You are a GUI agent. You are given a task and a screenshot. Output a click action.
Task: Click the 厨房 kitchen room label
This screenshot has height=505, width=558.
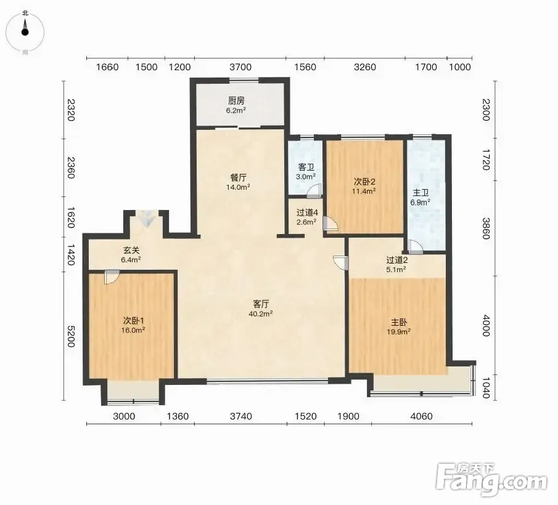236,100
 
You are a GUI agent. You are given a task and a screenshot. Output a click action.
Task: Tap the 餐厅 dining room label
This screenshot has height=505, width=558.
238,177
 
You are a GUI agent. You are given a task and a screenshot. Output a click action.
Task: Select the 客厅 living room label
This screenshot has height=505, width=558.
261,304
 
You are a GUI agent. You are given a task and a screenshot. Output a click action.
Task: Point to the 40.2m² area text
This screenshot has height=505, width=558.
261,314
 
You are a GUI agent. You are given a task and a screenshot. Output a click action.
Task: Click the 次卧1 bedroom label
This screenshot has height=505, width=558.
133,320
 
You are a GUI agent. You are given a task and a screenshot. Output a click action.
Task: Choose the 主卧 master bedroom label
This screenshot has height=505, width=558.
399,322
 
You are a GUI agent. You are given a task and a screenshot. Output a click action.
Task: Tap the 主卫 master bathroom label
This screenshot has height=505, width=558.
421,193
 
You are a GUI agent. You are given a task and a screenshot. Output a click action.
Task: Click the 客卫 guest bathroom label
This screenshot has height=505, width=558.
306,167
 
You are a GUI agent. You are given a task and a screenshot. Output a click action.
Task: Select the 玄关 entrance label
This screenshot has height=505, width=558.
131,250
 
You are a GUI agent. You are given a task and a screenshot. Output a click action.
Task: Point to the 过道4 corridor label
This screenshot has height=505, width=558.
307,212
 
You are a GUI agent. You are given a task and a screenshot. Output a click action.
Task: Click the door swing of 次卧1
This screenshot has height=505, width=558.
112,277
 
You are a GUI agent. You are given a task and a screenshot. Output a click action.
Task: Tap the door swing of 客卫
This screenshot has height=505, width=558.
314,191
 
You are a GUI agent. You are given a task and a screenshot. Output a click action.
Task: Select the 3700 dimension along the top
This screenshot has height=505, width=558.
240,67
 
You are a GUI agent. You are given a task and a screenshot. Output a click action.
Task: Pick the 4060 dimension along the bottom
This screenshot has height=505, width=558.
421,416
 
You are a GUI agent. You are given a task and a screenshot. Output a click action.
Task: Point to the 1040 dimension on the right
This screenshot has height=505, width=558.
486,388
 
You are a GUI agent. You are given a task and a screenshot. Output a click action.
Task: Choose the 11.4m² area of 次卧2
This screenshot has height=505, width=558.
364,191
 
